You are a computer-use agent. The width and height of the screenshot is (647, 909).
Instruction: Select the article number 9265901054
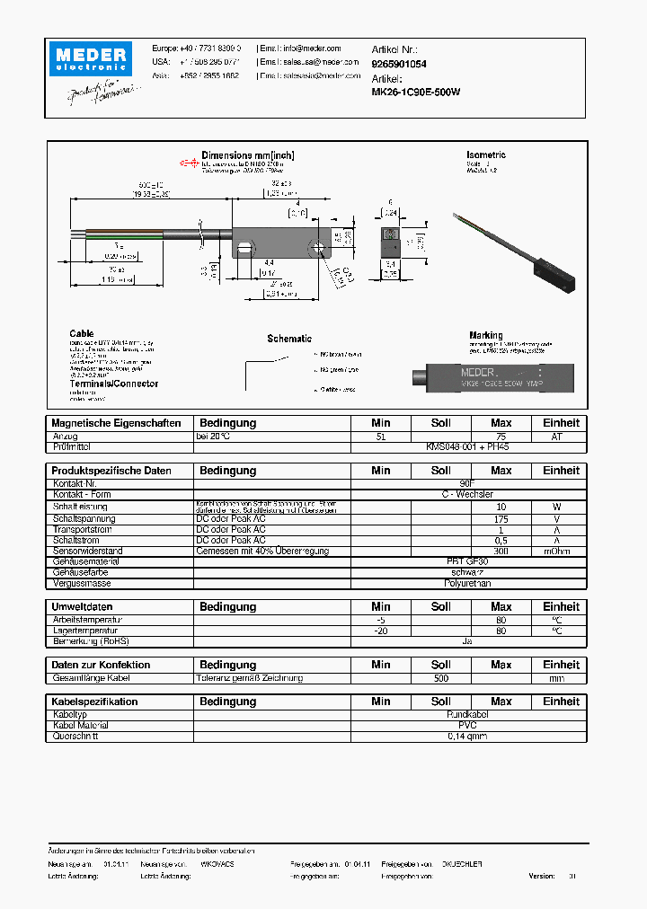(398, 65)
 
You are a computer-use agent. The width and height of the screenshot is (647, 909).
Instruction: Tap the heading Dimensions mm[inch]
(247, 155)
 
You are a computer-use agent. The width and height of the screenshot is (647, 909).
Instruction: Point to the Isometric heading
(486, 155)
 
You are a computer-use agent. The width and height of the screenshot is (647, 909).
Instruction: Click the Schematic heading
(289, 339)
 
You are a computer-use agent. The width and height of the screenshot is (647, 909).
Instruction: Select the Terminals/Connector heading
(114, 384)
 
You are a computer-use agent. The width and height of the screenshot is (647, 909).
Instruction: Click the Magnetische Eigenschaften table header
(116, 423)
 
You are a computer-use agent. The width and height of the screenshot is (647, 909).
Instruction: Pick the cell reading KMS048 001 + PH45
(467, 446)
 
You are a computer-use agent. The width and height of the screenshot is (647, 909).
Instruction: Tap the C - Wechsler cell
(467, 495)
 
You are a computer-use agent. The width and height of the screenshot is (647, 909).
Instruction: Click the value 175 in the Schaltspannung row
(501, 518)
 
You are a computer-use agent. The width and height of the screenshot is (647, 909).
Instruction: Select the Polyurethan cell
(467, 584)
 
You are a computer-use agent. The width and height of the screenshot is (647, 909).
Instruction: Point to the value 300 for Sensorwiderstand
(501, 551)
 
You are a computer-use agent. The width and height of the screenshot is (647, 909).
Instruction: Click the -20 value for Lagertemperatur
(380, 631)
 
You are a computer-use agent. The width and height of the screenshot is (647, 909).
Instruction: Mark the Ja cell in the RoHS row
(467, 641)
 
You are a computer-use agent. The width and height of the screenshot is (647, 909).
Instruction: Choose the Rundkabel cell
(467, 714)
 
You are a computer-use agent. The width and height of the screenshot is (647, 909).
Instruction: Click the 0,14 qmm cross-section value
(467, 737)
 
